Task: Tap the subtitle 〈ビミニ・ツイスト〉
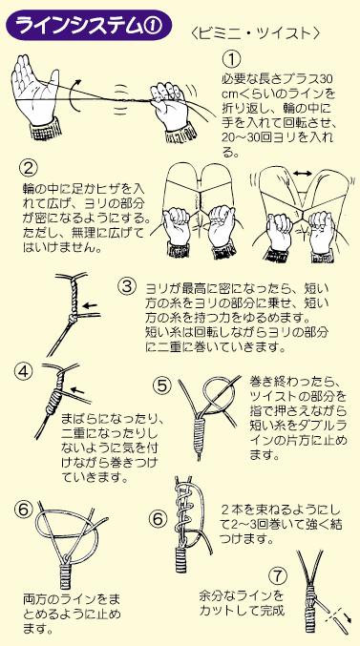(x=257, y=33)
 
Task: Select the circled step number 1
(x=231, y=59)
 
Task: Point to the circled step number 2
(x=30, y=168)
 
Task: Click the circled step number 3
(x=127, y=286)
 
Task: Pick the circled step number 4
(x=23, y=372)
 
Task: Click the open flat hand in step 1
(x=35, y=95)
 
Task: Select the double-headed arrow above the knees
(x=303, y=175)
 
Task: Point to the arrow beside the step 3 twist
(x=90, y=305)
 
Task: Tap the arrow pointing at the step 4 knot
(x=78, y=389)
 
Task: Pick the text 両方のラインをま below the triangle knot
(x=72, y=598)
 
